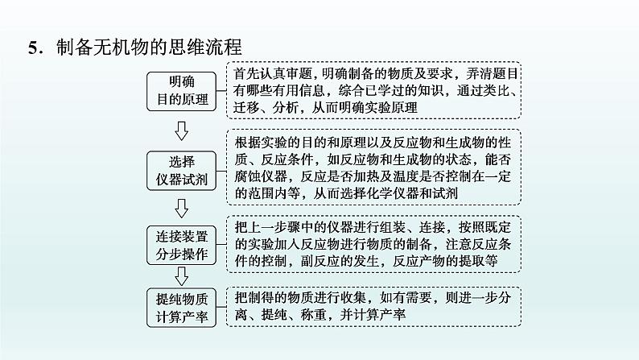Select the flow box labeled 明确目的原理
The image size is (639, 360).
(x=181, y=91)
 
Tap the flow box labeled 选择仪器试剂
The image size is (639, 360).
(x=181, y=169)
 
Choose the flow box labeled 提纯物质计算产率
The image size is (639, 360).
(x=181, y=307)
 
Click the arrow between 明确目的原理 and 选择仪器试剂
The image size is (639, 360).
(x=181, y=130)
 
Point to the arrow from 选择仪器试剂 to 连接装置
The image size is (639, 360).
(x=181, y=208)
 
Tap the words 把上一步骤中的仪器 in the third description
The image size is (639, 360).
(x=299, y=224)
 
